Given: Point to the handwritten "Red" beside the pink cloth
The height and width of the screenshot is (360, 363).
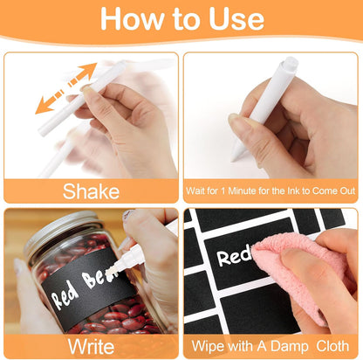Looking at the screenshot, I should tap(234, 257).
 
